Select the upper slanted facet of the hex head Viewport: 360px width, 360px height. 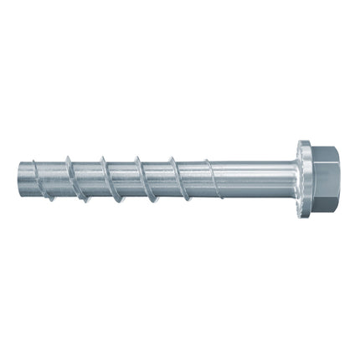[x=325, y=153]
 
